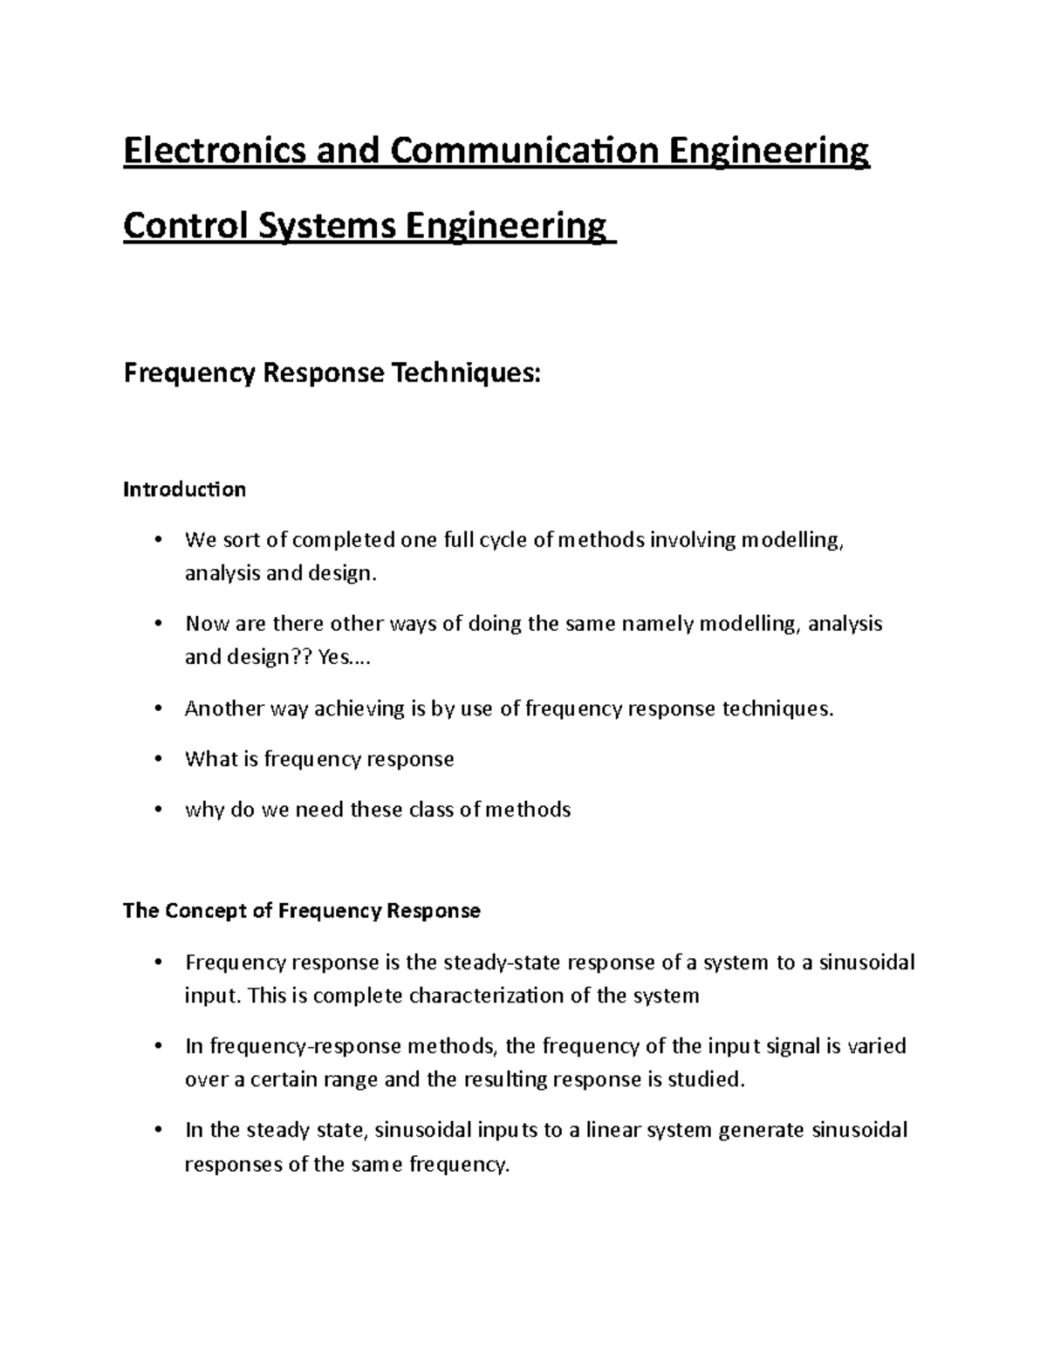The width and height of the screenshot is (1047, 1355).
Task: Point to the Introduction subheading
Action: click(184, 489)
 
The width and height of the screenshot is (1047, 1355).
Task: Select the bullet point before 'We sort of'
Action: click(157, 540)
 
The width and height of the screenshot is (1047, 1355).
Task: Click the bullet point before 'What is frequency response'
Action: click(157, 759)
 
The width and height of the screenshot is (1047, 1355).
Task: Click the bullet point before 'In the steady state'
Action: click(157, 1131)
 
